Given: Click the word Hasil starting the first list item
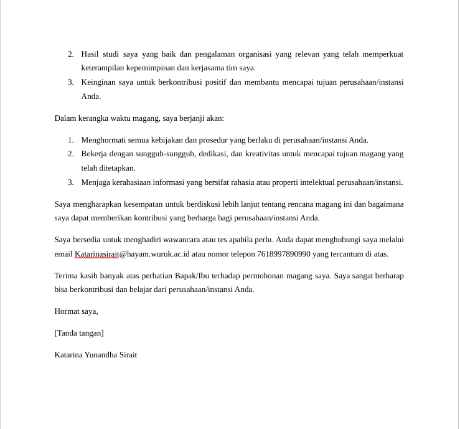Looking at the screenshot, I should point(92,54).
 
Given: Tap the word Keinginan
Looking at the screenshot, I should point(98,82).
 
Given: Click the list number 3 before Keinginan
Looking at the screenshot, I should point(71,82).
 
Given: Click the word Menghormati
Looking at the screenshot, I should point(105,140).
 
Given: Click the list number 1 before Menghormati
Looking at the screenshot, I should point(71,140).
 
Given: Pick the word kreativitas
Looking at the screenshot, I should point(265,154).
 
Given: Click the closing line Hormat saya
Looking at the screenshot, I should point(76,311).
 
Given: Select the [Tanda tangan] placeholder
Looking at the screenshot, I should point(79,333).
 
